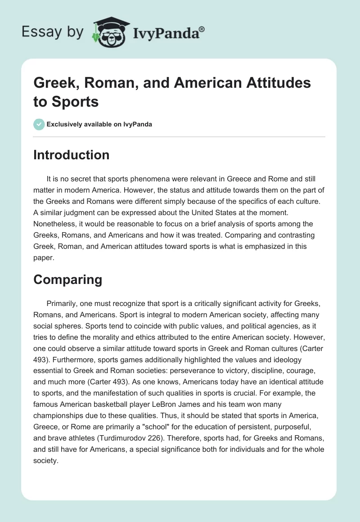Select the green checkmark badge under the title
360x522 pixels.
point(39,124)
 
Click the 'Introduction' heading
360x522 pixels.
point(71,155)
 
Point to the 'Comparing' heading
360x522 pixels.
point(67,280)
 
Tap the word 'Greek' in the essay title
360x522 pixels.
point(53,83)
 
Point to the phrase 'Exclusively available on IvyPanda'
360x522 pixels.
point(99,124)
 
